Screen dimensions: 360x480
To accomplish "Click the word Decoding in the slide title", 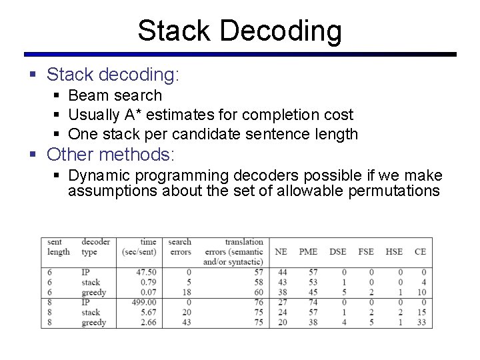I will [x=280, y=31].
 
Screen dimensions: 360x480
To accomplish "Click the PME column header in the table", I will [x=308, y=251].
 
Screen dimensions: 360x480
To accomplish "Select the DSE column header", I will [x=337, y=251].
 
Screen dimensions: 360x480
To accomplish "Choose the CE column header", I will [x=420, y=251].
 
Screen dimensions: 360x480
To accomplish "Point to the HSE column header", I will [x=394, y=251].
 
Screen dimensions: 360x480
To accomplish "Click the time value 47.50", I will [x=145, y=272].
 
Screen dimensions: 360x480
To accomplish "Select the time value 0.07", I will [x=148, y=292].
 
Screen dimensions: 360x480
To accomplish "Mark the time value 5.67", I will [x=148, y=313].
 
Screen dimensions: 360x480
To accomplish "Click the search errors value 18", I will [x=187, y=292].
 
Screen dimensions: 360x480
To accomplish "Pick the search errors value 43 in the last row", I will [x=187, y=323].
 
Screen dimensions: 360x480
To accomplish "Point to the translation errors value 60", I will [x=258, y=292].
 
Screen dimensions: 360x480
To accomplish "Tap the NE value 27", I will [x=282, y=303].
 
